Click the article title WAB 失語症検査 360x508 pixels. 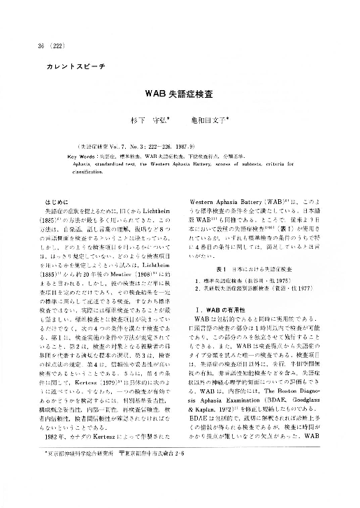coord(180,93)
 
